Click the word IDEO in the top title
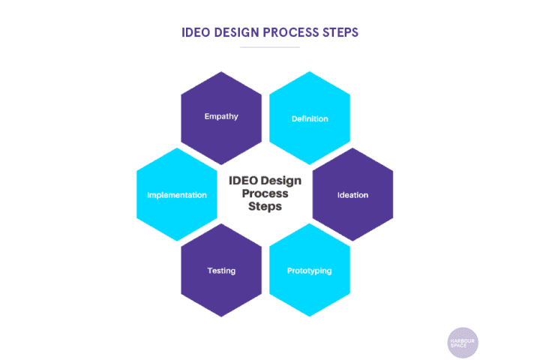click(x=196, y=33)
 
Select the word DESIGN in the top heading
click(x=236, y=33)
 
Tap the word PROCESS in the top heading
click(x=291, y=33)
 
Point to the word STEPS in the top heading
click(x=340, y=33)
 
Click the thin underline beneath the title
click(x=270, y=47)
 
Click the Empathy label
click(x=221, y=116)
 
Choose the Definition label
click(x=310, y=118)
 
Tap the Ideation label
click(x=352, y=195)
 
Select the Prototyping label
click(x=310, y=271)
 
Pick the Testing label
click(x=221, y=271)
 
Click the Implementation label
click(x=177, y=195)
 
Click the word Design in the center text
click(x=281, y=181)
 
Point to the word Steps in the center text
click(x=265, y=206)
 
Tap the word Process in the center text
click(x=265, y=193)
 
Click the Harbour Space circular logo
click(x=463, y=343)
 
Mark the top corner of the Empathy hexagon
click(x=221, y=72)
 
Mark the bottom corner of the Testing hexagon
click(x=221, y=316)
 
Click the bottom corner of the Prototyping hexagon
click(x=310, y=316)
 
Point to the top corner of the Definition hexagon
click(x=310, y=72)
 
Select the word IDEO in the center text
click(x=244, y=181)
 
